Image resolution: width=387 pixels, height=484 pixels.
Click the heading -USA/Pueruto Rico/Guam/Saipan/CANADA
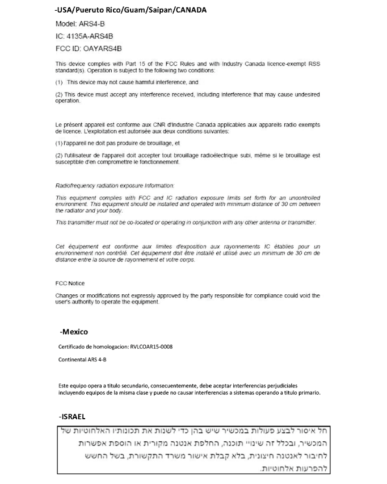click(x=131, y=10)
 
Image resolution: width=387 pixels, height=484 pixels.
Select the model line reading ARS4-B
click(x=80, y=24)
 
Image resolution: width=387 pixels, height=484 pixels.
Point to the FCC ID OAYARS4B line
click(x=89, y=48)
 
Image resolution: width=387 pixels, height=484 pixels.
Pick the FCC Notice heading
click(x=70, y=283)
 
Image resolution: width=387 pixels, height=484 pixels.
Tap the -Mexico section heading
click(x=74, y=331)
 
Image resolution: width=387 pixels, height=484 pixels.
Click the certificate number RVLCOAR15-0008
click(x=159, y=346)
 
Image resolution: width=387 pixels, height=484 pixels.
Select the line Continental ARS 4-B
click(x=83, y=360)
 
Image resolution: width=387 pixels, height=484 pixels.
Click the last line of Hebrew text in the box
click(x=296, y=469)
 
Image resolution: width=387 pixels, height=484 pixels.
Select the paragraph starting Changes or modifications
click(x=187, y=299)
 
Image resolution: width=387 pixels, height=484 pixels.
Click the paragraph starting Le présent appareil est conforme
click(x=187, y=127)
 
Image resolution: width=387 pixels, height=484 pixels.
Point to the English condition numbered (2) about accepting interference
click(x=187, y=97)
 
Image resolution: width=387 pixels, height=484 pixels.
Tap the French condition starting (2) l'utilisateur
click(x=187, y=158)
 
